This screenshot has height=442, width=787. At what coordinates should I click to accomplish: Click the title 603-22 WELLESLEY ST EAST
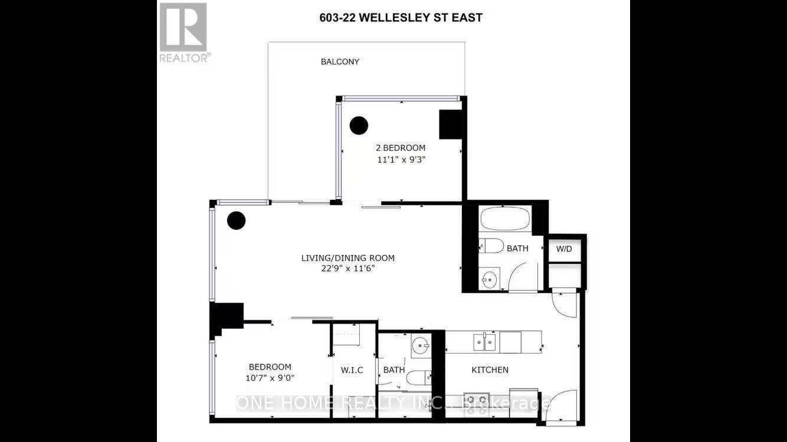click(401, 18)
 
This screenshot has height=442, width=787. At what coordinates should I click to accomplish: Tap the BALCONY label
click(340, 62)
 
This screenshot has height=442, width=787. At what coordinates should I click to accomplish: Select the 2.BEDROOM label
click(401, 148)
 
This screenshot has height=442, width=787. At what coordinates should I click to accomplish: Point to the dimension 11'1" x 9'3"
click(401, 160)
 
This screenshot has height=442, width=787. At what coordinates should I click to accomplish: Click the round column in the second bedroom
click(359, 126)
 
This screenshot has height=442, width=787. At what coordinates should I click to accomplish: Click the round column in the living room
click(236, 220)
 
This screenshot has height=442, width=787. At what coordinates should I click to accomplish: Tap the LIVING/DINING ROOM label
click(348, 258)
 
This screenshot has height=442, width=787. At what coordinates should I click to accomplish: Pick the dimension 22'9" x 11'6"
click(348, 269)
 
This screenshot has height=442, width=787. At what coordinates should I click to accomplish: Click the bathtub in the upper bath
click(505, 219)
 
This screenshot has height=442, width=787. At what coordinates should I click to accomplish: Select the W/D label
click(564, 249)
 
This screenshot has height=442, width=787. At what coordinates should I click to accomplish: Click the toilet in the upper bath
click(492, 246)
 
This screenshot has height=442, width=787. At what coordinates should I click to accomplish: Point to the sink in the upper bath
click(489, 279)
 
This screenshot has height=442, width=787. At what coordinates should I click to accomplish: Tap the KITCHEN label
click(490, 370)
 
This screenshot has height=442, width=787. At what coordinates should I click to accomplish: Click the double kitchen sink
click(484, 342)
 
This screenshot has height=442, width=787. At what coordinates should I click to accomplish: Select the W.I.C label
click(352, 370)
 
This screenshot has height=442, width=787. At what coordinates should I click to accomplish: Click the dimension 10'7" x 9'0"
click(270, 378)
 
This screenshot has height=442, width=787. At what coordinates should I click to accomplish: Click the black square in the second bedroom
click(450, 124)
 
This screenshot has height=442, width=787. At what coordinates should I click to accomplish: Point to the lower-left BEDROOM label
click(270, 367)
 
